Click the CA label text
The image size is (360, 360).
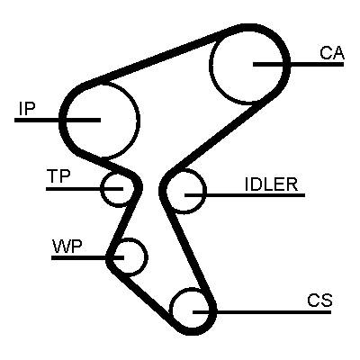point(332,53)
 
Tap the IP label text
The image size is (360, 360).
point(27,109)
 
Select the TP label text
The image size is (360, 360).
point(58,176)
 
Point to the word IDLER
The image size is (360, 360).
point(271,184)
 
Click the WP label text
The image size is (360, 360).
point(67,247)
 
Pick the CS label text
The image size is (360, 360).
point(319,300)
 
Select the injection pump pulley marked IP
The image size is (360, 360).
point(139,120)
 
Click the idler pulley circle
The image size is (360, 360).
point(206,191)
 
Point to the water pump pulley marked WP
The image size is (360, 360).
point(147,256)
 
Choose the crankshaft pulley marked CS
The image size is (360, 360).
point(170,309)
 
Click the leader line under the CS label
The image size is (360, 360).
point(262,312)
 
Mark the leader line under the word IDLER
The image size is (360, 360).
point(245,195)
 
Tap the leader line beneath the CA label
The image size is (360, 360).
point(298,64)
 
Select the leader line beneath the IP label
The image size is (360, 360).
point(58,120)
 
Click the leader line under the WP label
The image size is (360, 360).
point(87,257)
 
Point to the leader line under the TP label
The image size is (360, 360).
point(85,189)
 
